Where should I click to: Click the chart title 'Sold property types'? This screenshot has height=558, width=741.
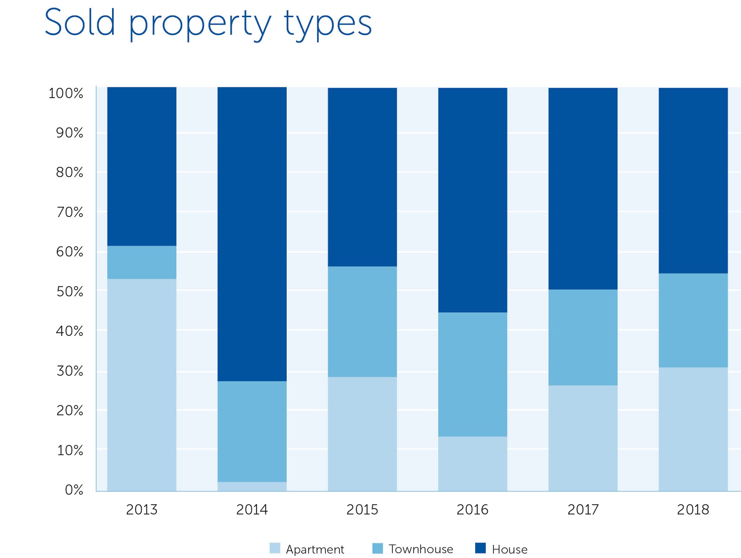click(x=208, y=23)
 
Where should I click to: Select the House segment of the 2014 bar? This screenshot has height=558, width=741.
click(x=252, y=234)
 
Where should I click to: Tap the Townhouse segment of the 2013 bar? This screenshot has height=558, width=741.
click(x=142, y=262)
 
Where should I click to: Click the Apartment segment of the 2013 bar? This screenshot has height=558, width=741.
click(x=142, y=384)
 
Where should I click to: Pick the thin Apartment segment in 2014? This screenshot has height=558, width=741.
click(x=252, y=486)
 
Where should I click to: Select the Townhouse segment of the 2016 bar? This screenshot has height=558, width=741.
click(x=472, y=374)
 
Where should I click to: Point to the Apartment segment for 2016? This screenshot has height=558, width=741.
click(x=472, y=464)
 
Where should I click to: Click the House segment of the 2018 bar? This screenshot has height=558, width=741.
click(x=693, y=180)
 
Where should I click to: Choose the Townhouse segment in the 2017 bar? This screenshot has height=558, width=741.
click(x=583, y=337)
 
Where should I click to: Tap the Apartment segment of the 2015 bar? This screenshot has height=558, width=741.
click(x=362, y=434)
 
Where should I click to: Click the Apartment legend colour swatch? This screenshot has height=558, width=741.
click(x=275, y=548)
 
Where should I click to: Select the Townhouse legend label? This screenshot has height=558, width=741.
click(x=421, y=549)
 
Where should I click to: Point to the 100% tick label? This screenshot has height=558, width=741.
click(x=66, y=93)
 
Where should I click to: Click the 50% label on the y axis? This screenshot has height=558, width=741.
click(x=69, y=291)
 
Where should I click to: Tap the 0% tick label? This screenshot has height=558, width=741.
click(x=74, y=490)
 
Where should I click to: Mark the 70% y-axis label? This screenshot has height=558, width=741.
click(x=69, y=212)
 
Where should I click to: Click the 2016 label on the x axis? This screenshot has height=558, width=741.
click(x=472, y=509)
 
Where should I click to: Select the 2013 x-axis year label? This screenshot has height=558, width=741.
click(x=142, y=509)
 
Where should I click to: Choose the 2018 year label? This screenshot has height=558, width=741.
click(x=693, y=509)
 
